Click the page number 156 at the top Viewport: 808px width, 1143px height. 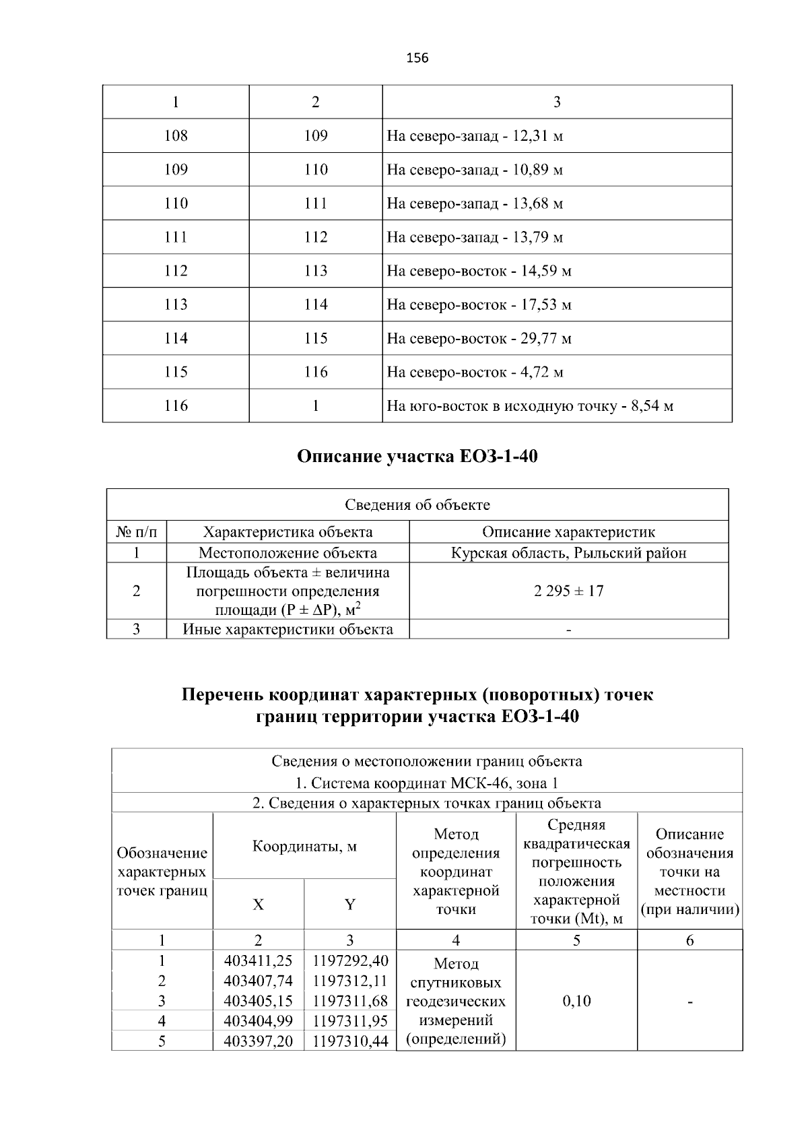click(x=417, y=58)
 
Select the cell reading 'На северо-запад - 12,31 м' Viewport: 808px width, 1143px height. click(x=475, y=136)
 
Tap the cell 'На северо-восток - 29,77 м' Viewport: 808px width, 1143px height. click(x=479, y=338)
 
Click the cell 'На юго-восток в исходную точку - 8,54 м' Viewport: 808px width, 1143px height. click(x=530, y=405)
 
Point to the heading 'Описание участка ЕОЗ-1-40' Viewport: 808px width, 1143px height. click(x=417, y=457)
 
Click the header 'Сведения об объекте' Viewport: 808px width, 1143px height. click(x=417, y=504)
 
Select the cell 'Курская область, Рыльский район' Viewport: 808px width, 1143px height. click(x=568, y=553)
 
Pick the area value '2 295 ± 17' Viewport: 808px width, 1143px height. click(x=568, y=591)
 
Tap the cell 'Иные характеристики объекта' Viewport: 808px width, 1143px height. click(x=288, y=629)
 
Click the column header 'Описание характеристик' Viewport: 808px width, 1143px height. click(x=568, y=531)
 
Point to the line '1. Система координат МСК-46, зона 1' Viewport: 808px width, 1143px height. click(x=427, y=783)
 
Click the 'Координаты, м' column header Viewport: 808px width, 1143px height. click(x=304, y=845)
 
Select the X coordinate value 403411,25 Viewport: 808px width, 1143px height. click(x=258, y=960)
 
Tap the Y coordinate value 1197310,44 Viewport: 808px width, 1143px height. click(x=350, y=1041)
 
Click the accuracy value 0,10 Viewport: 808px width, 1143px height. click(x=576, y=1001)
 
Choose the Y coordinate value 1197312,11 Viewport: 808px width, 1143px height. click(x=350, y=981)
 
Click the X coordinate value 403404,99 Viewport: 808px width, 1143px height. click(x=258, y=1021)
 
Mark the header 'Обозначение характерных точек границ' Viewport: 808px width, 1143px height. click(x=162, y=872)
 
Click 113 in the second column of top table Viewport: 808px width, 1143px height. click(x=315, y=271)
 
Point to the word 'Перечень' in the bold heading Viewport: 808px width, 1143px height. click(x=221, y=694)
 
